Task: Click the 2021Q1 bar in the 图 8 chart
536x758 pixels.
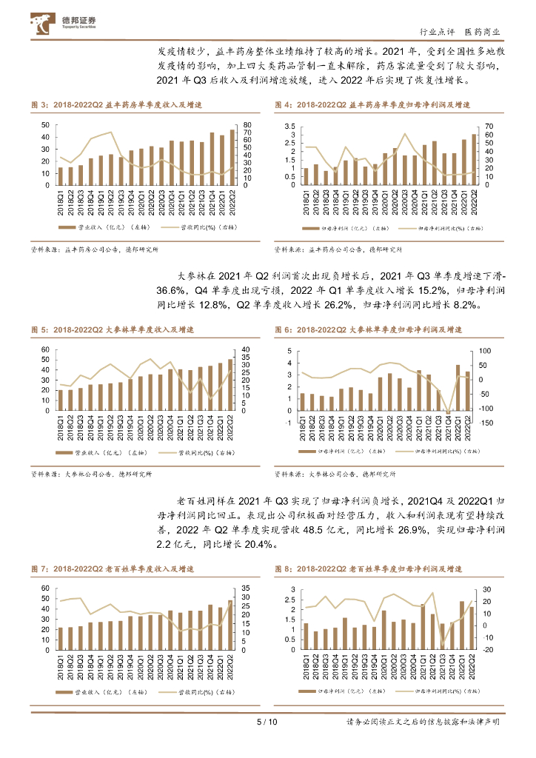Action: tap(423, 625)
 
